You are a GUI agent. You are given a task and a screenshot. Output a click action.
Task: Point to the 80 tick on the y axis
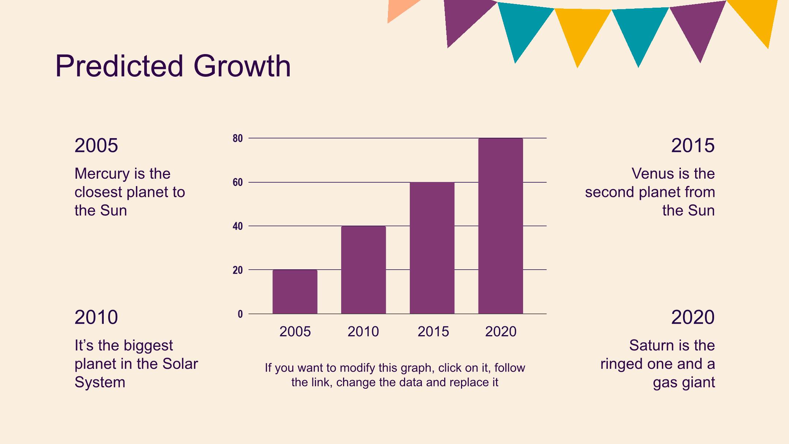point(238,138)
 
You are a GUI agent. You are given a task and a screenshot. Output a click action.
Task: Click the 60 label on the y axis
point(238,182)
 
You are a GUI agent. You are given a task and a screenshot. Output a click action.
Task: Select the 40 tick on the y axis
point(238,226)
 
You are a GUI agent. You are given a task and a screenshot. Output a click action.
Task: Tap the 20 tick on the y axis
point(238,270)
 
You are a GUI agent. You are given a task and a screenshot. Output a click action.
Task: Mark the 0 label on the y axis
point(240,314)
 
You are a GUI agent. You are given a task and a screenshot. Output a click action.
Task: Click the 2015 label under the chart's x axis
point(433,331)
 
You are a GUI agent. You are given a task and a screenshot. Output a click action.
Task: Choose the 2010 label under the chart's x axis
point(363,331)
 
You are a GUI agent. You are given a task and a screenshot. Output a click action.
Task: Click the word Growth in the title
point(242,66)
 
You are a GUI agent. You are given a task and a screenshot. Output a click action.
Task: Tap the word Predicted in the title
point(119,66)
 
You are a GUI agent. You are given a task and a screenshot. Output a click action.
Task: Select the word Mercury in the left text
point(102,174)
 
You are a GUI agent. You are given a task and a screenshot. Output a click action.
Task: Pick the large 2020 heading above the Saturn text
point(693,317)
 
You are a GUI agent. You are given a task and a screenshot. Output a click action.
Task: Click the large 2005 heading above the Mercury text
point(96,145)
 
